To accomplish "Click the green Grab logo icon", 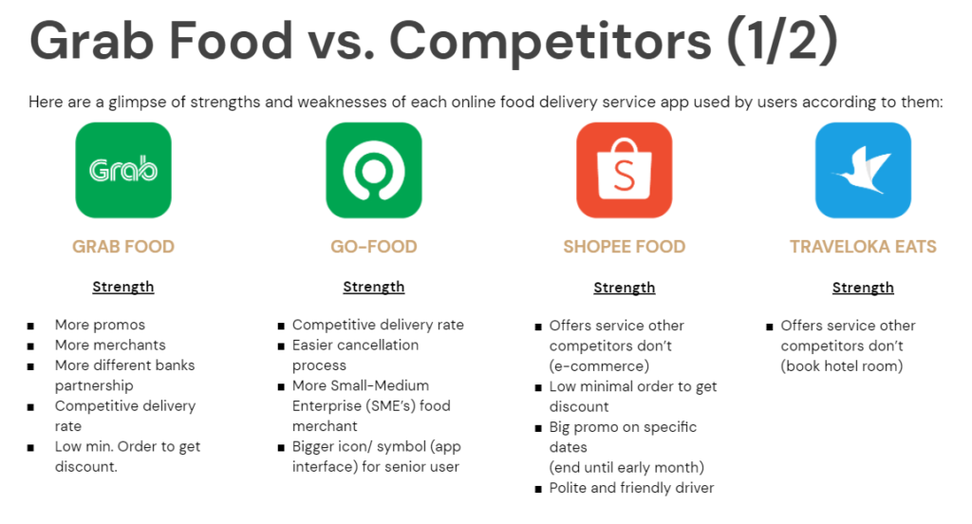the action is point(123,170).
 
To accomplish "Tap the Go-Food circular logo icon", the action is point(374,170).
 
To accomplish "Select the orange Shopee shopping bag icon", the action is point(625,170).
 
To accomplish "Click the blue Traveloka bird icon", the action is point(863,170).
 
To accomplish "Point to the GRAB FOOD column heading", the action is point(123,247).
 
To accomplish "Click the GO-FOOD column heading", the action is point(374,247).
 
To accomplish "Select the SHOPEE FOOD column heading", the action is point(625,247).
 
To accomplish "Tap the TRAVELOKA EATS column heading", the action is point(863,247).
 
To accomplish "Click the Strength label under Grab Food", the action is point(123,287).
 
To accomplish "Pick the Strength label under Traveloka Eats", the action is point(863,287).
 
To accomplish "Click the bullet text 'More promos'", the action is point(100,325).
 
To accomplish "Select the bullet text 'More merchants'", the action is point(110,345).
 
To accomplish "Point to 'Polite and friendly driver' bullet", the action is point(631,488).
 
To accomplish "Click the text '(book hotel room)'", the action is point(842,365).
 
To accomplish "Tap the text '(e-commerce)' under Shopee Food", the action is point(600,365).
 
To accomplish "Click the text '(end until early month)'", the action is point(626,468).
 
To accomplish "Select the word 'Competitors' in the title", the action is point(551,41).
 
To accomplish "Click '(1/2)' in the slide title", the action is point(782,41).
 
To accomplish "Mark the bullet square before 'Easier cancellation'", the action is point(281,346).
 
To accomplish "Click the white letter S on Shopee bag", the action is point(625,176).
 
